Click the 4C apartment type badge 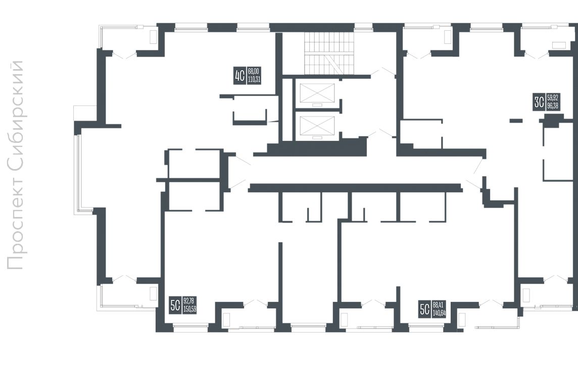coord(239,76)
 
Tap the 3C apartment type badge coord(539,102)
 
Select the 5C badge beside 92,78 coord(175,305)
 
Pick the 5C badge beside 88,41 coord(425,309)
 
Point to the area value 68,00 coord(254,71)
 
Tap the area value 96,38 coord(553,106)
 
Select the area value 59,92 coord(553,97)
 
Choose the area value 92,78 coord(189,301)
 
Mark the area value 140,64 coord(440,313)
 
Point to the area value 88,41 coord(438,305)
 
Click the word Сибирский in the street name coord(16,115)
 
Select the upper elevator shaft coord(317,94)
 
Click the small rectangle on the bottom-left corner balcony coord(154,293)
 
